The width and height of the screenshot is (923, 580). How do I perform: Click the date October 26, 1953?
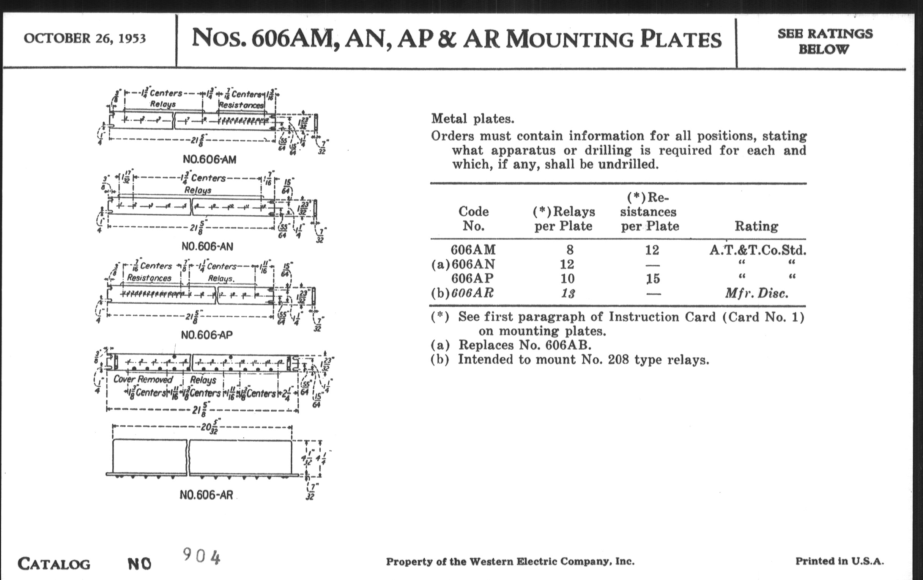(85, 38)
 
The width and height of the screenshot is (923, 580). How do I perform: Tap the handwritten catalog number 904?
(202, 556)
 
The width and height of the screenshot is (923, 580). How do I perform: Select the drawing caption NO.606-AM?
(209, 159)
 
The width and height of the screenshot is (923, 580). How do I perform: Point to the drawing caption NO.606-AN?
(207, 246)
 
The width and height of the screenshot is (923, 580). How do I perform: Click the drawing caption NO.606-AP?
(206, 335)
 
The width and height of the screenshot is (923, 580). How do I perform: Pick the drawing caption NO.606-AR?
(206, 495)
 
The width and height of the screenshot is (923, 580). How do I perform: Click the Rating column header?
(756, 226)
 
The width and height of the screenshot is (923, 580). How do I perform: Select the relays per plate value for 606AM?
(570, 250)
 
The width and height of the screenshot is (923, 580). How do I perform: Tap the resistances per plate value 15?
(653, 279)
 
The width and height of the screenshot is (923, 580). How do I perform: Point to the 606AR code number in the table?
(472, 293)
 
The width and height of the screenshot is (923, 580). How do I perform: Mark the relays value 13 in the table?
(568, 293)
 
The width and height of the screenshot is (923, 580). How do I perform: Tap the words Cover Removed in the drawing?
(143, 379)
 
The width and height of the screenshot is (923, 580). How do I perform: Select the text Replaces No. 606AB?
(525, 345)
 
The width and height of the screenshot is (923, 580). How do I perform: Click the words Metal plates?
(473, 119)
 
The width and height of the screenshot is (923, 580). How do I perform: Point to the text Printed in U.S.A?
(840, 561)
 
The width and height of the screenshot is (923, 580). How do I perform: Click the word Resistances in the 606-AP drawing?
(149, 278)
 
